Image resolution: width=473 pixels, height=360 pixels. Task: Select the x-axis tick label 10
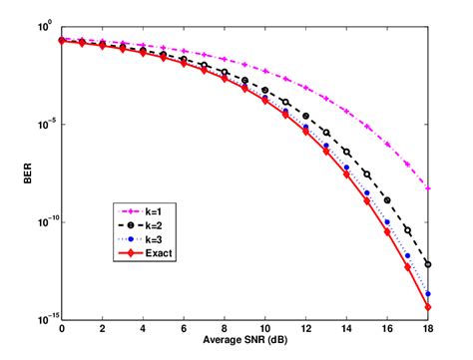pos(265,330)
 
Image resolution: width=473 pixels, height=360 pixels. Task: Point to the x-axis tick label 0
pos(62,330)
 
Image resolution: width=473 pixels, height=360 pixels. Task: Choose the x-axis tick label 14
pos(347,330)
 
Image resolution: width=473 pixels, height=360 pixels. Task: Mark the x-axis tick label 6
pos(185,330)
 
